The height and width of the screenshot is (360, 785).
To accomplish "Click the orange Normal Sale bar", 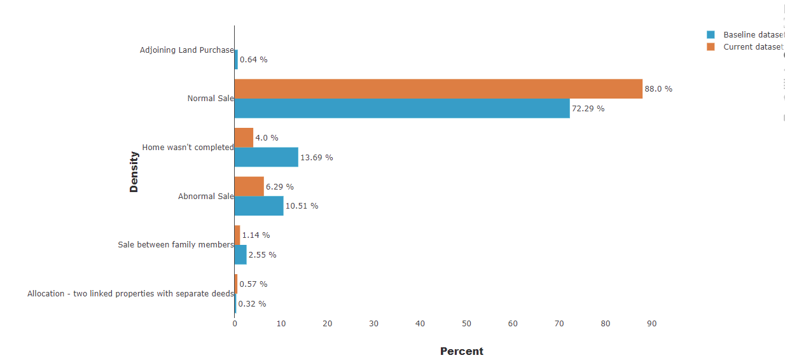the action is (x=438, y=88).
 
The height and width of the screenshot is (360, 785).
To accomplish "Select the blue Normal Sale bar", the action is (x=402, y=108).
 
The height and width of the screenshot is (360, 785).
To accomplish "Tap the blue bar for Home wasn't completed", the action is (x=267, y=157).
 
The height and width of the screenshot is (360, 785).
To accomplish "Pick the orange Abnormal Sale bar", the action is (x=249, y=186).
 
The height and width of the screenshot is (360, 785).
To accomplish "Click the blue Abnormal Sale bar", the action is (x=259, y=206).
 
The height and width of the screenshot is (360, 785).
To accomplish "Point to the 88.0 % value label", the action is (x=658, y=89).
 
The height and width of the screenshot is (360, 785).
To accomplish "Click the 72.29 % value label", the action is (x=588, y=109).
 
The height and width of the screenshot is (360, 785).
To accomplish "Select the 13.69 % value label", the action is (x=316, y=157).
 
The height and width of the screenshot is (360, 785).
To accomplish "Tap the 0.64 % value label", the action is (x=254, y=60).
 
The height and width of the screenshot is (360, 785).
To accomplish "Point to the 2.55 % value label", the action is (x=263, y=255).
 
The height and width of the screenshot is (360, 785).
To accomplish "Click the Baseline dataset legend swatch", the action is (x=711, y=35).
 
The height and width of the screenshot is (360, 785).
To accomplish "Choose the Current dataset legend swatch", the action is (x=711, y=46).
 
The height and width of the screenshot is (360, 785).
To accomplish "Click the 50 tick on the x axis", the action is (x=466, y=324).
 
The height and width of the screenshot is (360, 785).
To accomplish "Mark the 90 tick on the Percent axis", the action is (x=652, y=324).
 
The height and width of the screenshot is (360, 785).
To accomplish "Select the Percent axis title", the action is (x=462, y=351).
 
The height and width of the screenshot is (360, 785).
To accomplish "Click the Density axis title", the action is (x=134, y=172).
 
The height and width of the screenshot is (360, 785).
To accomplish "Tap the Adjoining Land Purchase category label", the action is (x=187, y=50).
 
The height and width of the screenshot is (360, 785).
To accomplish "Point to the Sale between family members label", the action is (x=176, y=245).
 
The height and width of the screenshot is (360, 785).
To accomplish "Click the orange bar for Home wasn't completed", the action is (x=244, y=138).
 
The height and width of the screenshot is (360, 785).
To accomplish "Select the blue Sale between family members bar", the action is (x=240, y=254).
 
